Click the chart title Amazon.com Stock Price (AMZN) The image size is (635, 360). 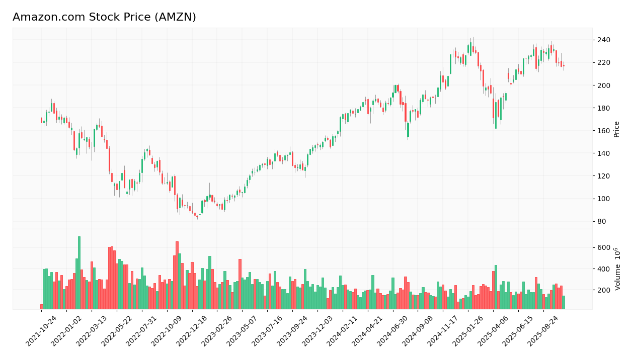[x=104, y=18]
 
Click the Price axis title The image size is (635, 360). [x=616, y=129]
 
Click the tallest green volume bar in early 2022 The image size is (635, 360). [x=79, y=273]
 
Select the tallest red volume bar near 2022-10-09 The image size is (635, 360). [x=177, y=275]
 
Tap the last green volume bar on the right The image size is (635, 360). [x=564, y=302]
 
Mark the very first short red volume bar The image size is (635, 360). [x=41, y=307]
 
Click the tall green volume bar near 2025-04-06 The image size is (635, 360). [x=496, y=287]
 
